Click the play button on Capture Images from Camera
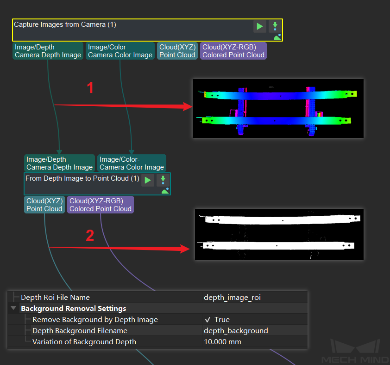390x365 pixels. coord(260,26)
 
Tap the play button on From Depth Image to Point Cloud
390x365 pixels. coord(148,180)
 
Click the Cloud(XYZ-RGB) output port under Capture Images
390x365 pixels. coord(233,51)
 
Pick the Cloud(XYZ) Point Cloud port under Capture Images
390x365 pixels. coord(177,51)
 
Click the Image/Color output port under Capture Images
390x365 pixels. coord(120,51)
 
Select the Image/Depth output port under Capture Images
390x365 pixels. coord(48,51)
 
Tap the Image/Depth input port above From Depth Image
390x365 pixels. coord(59,163)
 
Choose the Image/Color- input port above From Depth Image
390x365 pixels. coord(132,163)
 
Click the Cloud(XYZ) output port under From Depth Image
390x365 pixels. coord(44,205)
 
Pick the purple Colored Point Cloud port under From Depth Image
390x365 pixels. coord(101,205)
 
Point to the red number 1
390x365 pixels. coord(91,87)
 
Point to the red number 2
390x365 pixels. coord(90,236)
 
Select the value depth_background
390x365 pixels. coord(236,331)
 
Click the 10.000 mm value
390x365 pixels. coord(222,342)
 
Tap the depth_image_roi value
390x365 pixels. coord(232,298)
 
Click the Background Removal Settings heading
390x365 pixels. coord(74,309)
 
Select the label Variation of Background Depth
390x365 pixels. coord(84,342)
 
